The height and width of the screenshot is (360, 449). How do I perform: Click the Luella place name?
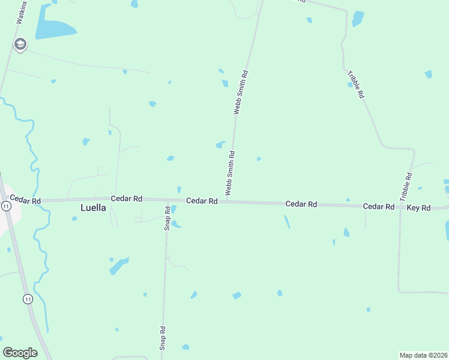point(93,208)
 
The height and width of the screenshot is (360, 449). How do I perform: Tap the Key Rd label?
point(418,208)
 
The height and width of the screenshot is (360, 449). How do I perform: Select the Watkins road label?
point(21,11)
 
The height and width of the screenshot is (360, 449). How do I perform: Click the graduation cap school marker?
point(20,44)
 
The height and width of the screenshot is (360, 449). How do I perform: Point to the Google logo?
point(20,353)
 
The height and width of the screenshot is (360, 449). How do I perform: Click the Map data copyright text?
point(423,355)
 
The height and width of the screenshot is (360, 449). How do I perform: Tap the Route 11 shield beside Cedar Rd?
point(6,206)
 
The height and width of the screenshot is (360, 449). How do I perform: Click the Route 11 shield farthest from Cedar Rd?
point(28,298)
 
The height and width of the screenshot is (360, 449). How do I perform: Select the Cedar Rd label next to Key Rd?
point(378,206)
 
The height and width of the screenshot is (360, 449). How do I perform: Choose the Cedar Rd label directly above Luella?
point(126,198)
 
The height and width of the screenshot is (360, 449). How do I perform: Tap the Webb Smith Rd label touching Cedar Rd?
point(229,173)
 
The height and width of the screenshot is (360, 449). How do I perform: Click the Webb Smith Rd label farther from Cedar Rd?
point(241,92)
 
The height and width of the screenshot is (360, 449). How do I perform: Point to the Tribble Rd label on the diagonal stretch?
point(357,85)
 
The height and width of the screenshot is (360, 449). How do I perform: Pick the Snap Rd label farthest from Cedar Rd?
point(162,338)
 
